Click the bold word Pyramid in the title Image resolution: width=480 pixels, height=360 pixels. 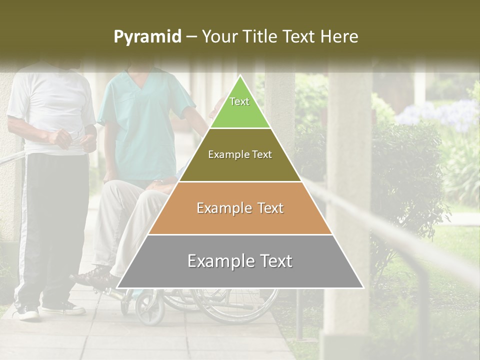point(147,37)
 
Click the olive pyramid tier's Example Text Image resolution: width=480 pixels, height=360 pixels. point(240,155)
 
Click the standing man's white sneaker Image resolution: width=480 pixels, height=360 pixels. point(28,312)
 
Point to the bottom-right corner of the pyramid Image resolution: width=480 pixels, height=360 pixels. point(363,288)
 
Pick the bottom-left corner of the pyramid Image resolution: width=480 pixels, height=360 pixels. point(117,288)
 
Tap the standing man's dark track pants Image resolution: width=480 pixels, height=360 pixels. point(50,225)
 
